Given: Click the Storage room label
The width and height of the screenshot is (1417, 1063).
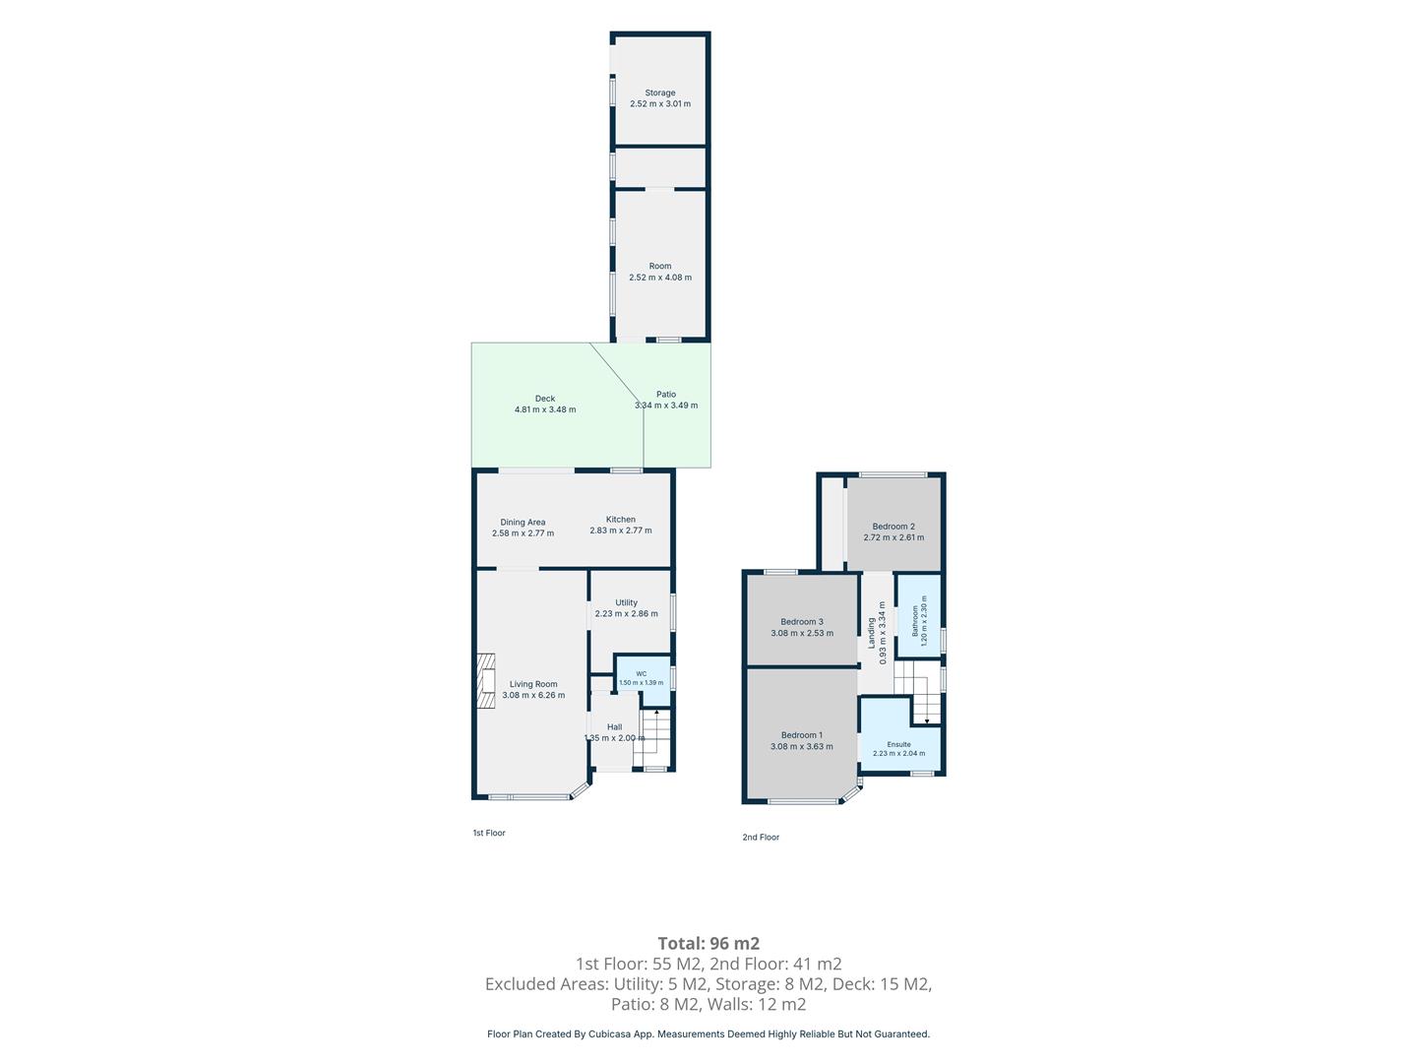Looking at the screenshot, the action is click(659, 93).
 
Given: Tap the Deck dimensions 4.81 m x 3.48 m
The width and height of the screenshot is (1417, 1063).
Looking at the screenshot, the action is click(545, 409).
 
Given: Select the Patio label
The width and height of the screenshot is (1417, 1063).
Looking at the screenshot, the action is click(666, 394).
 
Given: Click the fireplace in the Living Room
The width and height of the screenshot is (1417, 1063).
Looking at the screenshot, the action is click(486, 681).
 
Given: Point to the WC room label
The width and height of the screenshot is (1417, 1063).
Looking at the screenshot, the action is click(641, 674).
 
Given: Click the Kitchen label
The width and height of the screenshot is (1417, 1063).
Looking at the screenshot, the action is click(620, 519).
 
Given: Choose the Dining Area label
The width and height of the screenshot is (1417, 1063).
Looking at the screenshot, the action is click(523, 522).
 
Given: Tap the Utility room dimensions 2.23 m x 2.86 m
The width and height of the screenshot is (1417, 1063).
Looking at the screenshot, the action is click(626, 613).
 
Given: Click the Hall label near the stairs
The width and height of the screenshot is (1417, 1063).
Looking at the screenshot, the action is click(615, 726).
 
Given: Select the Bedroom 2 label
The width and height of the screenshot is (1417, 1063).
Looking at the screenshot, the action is click(893, 526).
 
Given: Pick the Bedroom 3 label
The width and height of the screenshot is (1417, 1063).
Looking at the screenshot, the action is click(802, 621).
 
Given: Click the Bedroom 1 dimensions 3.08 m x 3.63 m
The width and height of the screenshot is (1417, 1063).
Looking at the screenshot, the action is click(802, 746).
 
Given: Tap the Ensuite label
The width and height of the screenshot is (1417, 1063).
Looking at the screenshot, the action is click(898, 744).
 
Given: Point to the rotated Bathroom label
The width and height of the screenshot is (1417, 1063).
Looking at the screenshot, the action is click(915, 621).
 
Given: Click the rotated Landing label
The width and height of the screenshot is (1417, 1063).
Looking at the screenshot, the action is click(871, 633).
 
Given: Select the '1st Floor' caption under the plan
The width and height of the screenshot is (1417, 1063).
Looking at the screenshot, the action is click(489, 833).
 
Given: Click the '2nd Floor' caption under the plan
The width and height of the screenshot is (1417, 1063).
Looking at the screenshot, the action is click(761, 837).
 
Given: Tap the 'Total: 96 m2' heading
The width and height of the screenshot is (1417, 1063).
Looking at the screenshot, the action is click(708, 943).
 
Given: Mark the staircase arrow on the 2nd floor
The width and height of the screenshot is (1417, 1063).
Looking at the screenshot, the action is click(927, 710).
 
